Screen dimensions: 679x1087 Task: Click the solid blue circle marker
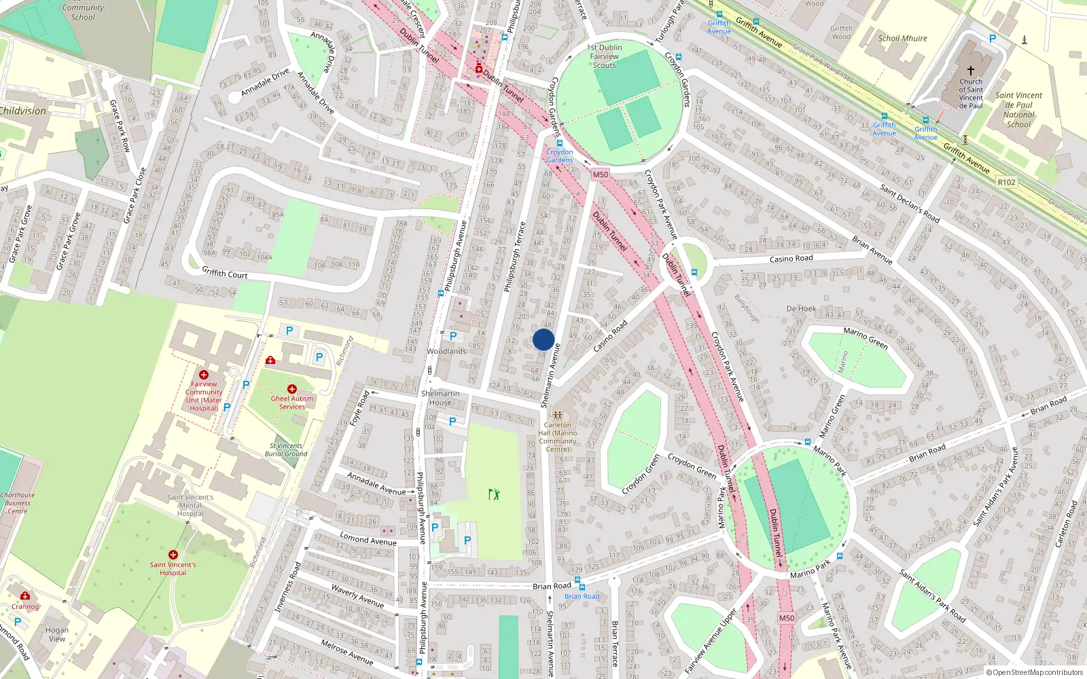(x=543, y=340)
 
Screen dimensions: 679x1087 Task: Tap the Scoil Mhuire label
(x=902, y=39)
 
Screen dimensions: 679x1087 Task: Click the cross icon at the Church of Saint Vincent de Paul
(x=971, y=71)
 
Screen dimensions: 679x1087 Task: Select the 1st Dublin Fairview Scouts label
(x=604, y=56)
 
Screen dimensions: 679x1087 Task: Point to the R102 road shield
(x=1006, y=182)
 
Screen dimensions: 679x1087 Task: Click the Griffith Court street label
(x=225, y=274)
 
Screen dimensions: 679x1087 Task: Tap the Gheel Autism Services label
(x=292, y=403)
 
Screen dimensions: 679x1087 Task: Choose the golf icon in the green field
(x=494, y=494)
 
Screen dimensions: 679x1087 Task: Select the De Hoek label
(x=801, y=308)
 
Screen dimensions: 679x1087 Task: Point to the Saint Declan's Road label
(x=910, y=203)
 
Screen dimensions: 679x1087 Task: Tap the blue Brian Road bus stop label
(x=582, y=596)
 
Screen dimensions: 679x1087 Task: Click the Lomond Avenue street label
(x=368, y=540)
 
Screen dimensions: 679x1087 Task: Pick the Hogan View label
(x=57, y=634)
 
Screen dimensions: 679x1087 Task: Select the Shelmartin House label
(x=440, y=398)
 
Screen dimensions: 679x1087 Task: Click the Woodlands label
(x=446, y=351)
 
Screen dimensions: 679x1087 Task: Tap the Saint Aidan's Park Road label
(x=932, y=595)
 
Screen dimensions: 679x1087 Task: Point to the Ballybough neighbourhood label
(x=747, y=308)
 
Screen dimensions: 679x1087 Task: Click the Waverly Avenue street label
(x=357, y=595)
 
